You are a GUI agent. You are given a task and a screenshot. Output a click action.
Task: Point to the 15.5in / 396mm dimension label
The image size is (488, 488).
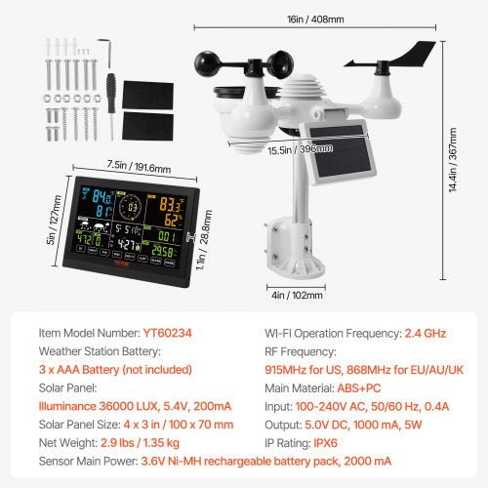pos(301,150)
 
